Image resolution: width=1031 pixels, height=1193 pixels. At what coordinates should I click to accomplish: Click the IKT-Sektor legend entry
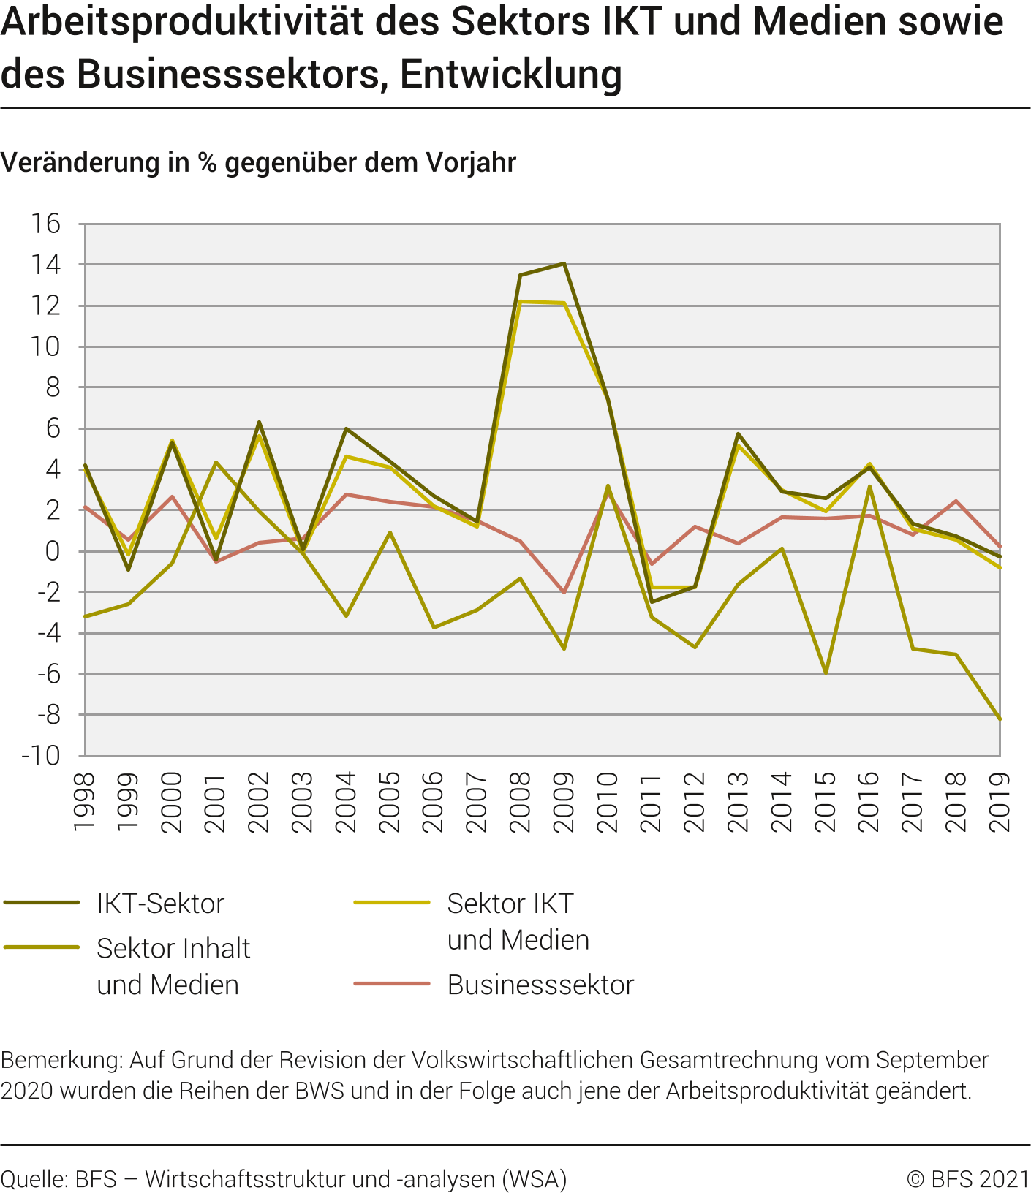[160, 904]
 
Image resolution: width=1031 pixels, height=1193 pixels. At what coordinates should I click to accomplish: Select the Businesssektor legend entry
[540, 985]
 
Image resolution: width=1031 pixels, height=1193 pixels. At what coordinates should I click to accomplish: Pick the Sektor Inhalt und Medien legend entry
[173, 966]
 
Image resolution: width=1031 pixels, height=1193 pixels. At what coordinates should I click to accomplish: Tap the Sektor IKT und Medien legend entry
[518, 922]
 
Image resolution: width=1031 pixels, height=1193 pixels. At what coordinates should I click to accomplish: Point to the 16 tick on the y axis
[45, 224]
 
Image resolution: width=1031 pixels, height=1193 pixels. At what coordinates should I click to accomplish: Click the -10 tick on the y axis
[41, 755]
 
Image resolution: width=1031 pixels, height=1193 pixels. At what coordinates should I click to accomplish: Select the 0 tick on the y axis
[52, 551]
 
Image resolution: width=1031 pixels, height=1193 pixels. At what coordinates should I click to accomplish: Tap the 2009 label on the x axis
[564, 802]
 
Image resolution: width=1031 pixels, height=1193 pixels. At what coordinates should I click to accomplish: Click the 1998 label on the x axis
[85, 802]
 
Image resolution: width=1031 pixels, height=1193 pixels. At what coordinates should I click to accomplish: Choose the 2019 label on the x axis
[1000, 802]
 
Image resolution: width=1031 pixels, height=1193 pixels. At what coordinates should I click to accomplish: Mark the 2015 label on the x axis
[826, 802]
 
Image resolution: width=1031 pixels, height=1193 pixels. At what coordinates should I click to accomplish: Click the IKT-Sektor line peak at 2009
[564, 263]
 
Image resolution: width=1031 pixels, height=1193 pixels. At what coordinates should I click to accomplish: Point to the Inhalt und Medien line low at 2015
[826, 673]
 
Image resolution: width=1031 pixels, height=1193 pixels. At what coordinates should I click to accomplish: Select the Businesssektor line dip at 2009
[564, 592]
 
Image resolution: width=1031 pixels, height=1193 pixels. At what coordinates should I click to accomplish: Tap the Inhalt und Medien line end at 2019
[999, 719]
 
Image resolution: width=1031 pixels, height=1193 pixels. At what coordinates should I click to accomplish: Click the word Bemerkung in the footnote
[61, 1060]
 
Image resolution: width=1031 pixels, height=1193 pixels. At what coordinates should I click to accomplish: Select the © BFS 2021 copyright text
[967, 1179]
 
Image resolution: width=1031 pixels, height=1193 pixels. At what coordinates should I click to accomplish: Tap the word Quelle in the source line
[34, 1179]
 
